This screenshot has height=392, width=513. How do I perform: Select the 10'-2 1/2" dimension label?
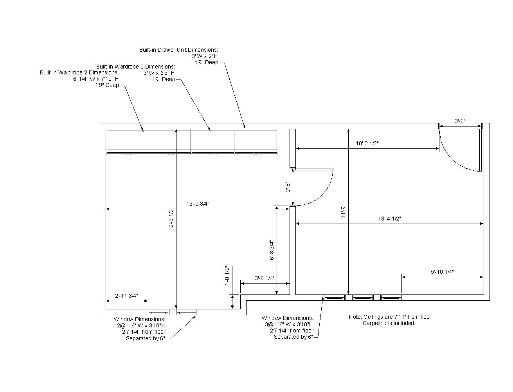[x=367, y=143]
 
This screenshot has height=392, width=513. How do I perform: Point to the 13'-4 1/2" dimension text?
[x=389, y=219]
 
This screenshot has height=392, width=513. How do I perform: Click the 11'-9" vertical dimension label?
[x=343, y=211]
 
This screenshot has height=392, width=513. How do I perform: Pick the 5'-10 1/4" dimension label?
[x=442, y=272]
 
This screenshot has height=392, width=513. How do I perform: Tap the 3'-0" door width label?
[x=460, y=121]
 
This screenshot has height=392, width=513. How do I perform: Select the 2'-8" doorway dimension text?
[x=287, y=187]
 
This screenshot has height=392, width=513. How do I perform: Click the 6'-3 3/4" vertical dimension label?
[x=272, y=250]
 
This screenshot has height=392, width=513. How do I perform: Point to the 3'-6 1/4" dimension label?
[x=265, y=278]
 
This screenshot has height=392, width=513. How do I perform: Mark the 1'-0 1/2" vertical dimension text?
[x=227, y=276]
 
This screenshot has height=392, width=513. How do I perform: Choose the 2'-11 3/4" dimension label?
[x=126, y=296]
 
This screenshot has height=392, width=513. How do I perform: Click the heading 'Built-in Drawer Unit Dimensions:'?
[x=178, y=50]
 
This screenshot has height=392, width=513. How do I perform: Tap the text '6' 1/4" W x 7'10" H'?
[x=96, y=79]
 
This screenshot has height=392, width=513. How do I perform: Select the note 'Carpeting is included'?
[x=388, y=323]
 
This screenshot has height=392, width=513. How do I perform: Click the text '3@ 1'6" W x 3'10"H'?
[x=289, y=324]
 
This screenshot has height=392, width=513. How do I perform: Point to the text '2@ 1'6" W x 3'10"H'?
[x=141, y=325]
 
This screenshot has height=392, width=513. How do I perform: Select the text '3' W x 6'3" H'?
[x=159, y=73]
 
